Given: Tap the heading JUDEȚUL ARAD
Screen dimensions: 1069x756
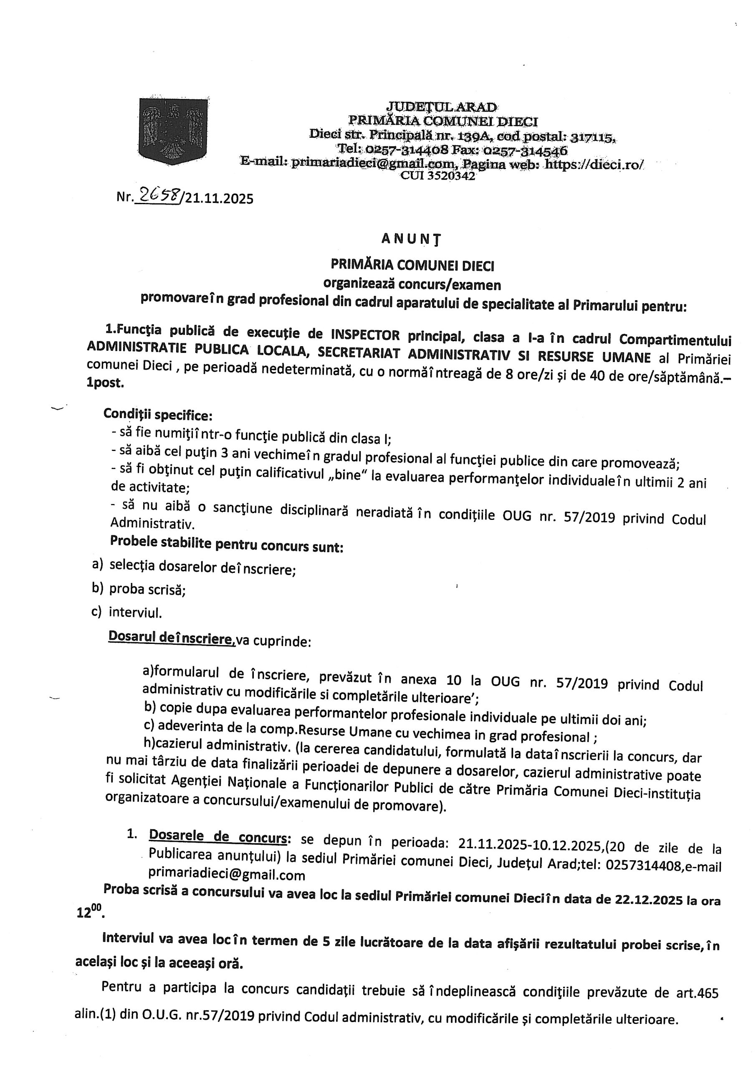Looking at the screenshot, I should point(442,107).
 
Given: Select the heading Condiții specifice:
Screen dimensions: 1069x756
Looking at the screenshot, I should point(158,414).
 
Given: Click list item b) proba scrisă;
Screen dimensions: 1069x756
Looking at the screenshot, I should point(140,590).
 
